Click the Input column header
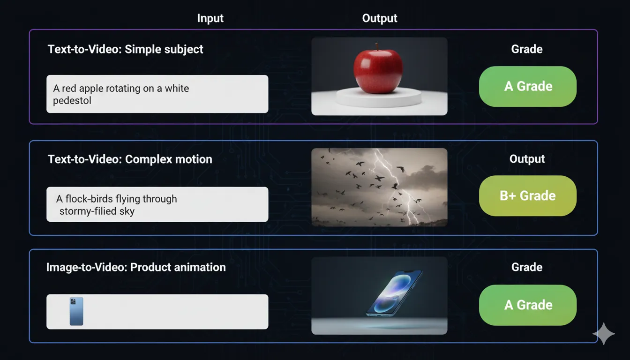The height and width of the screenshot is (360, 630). click(x=210, y=18)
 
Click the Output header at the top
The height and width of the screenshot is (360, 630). click(x=380, y=18)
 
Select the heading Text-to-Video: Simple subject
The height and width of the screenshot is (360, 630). click(x=126, y=49)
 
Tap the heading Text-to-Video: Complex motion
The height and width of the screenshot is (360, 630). click(x=130, y=159)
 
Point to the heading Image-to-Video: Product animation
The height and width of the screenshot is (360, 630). click(x=136, y=268)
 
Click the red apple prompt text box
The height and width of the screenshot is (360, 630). click(x=157, y=94)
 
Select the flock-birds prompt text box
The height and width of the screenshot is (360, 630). click(x=157, y=204)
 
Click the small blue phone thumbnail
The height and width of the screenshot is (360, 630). click(x=76, y=311)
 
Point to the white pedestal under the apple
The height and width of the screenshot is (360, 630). click(x=379, y=97)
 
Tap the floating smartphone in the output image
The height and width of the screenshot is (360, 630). click(x=395, y=292)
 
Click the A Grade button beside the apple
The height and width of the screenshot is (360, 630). click(x=527, y=86)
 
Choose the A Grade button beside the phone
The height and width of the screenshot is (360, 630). click(x=527, y=305)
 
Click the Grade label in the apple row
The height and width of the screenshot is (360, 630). click(x=527, y=49)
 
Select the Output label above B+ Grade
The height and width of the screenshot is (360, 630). click(x=527, y=159)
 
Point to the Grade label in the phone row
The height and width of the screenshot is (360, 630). click(x=527, y=267)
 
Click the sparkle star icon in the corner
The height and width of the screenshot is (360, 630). click(x=604, y=333)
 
